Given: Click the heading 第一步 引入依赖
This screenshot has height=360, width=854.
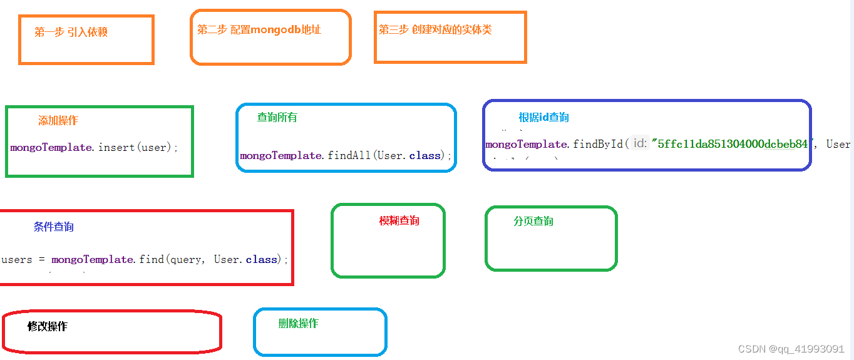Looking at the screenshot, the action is [x=71, y=32].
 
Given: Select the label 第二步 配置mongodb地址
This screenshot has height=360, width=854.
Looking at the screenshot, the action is [x=259, y=29].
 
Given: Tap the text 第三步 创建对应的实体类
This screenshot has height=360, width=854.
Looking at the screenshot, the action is [x=435, y=29].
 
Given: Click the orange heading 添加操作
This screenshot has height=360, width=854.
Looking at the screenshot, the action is [x=58, y=121].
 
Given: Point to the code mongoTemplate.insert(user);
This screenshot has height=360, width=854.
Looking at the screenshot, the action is [x=95, y=148].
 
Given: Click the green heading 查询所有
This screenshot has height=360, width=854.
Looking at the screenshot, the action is [x=277, y=117].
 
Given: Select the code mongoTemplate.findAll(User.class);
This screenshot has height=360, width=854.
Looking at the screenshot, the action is [x=346, y=155].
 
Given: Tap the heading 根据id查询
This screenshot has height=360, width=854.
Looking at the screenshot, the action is [x=543, y=117].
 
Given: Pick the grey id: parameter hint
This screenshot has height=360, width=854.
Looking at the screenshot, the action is [x=639, y=144].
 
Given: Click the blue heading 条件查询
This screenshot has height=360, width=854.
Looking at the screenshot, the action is [x=54, y=227].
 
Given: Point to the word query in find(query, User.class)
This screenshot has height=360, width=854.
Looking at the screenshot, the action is [x=186, y=259].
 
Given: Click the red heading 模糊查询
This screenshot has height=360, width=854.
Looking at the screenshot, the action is [x=399, y=220].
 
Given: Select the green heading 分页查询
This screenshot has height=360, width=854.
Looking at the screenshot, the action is [x=533, y=221].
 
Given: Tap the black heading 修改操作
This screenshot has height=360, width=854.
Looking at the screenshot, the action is [x=48, y=326].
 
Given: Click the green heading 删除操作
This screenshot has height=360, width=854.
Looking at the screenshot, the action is [x=299, y=323].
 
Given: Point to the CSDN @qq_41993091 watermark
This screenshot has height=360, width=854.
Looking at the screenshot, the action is [x=791, y=349].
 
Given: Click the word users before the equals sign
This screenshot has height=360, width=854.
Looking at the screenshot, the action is [x=17, y=259].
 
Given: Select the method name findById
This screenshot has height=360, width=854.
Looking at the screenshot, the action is [x=598, y=144].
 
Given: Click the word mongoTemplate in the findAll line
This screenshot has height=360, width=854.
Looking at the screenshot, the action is [x=282, y=155].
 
